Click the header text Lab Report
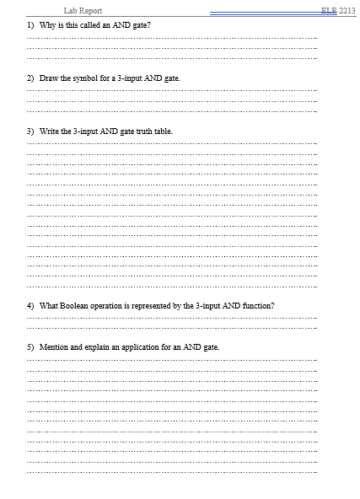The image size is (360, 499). coord(83,10)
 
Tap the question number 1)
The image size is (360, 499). coord(30,25)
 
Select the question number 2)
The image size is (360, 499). coord(30,78)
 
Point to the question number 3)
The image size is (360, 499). coord(30,131)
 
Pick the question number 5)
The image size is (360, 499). coord(30,347)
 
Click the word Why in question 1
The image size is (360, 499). coord(47,25)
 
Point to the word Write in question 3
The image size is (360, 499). coord(50,131)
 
